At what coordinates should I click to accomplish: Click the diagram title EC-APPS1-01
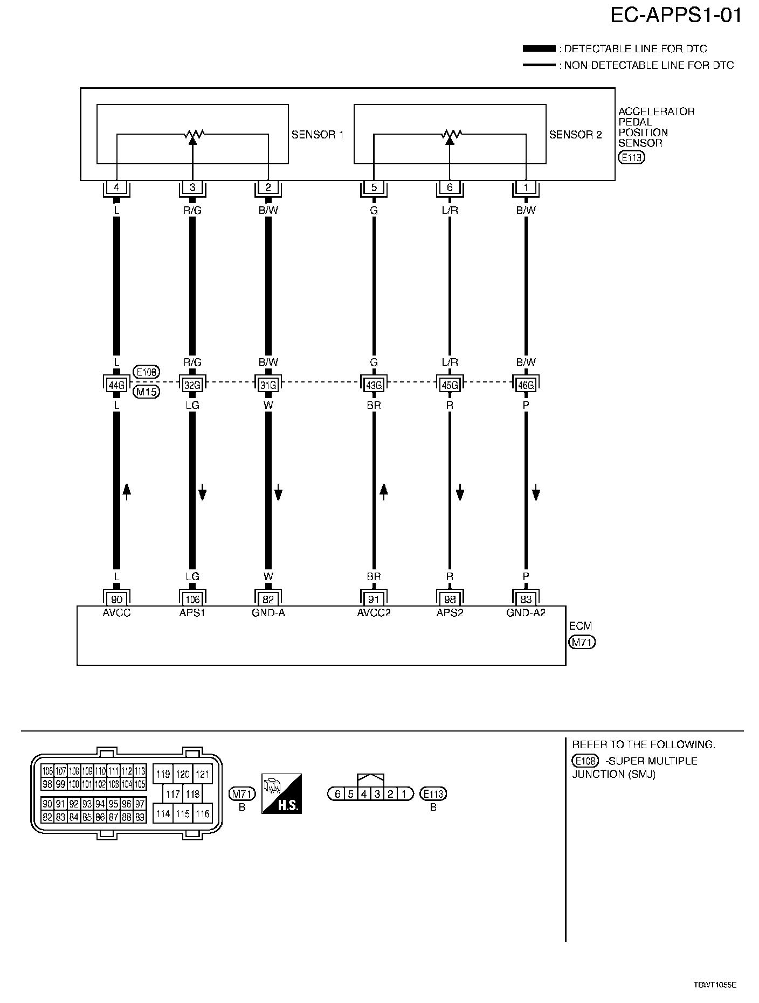click(676, 16)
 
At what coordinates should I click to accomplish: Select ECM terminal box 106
click(192, 599)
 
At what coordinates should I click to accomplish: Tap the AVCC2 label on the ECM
click(374, 612)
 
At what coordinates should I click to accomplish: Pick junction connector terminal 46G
click(526, 385)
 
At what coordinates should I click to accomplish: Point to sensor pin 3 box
click(192, 187)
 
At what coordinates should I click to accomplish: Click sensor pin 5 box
click(374, 187)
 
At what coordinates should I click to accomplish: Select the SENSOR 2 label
click(575, 135)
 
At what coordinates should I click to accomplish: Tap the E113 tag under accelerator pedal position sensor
click(631, 158)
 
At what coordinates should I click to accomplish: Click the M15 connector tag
click(146, 392)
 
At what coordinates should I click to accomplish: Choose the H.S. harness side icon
click(281, 793)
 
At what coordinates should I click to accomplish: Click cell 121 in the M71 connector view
click(202, 775)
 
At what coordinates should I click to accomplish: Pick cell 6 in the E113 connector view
click(337, 793)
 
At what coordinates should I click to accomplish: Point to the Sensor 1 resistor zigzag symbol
click(192, 133)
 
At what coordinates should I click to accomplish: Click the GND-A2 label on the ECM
click(526, 612)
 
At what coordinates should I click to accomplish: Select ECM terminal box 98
click(450, 599)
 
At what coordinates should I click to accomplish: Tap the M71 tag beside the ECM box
click(582, 642)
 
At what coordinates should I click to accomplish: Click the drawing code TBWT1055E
click(714, 985)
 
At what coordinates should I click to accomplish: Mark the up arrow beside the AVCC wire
click(127, 491)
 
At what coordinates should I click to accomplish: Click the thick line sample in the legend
click(539, 49)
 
